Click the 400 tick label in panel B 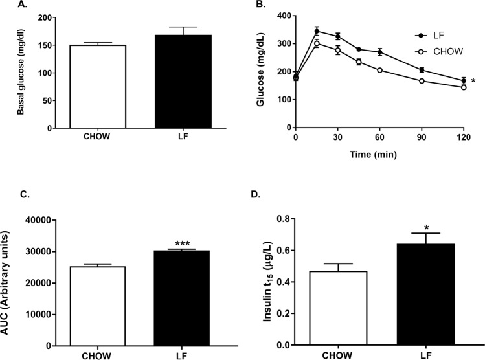click(x=279, y=15)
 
